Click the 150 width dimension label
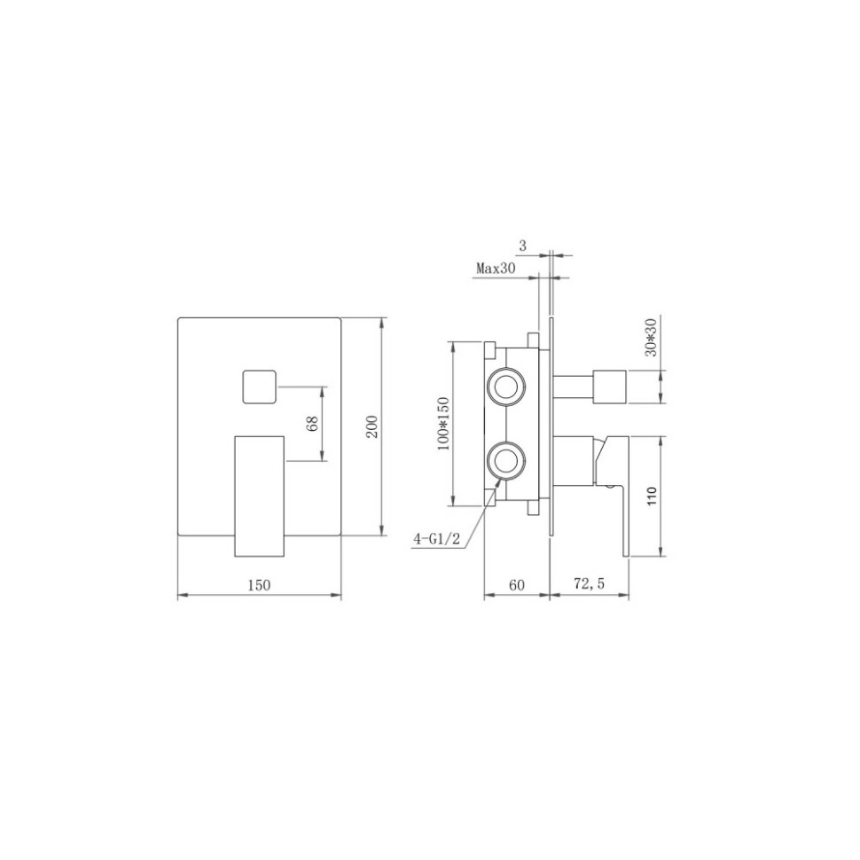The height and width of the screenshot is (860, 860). click(258, 584)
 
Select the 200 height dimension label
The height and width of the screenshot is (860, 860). click(372, 426)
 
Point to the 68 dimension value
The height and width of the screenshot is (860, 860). click(312, 423)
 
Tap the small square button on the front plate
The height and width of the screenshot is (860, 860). click(259, 387)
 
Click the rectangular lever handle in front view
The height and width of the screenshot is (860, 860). click(259, 496)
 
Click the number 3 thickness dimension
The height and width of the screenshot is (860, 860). click(524, 245)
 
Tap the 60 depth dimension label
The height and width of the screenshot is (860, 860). click(517, 584)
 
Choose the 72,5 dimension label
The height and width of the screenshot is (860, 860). click(589, 584)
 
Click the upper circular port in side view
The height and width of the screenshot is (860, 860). click(507, 387)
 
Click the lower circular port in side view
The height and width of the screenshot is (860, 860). click(507, 459)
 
